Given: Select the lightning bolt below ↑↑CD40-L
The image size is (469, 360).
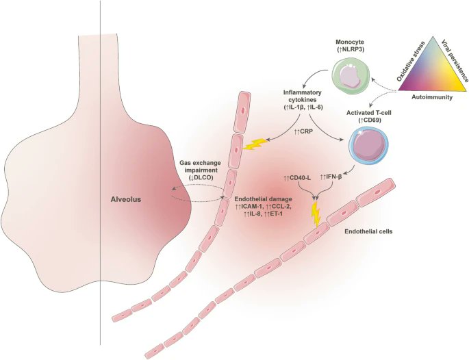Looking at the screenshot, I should [x=316, y=214].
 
